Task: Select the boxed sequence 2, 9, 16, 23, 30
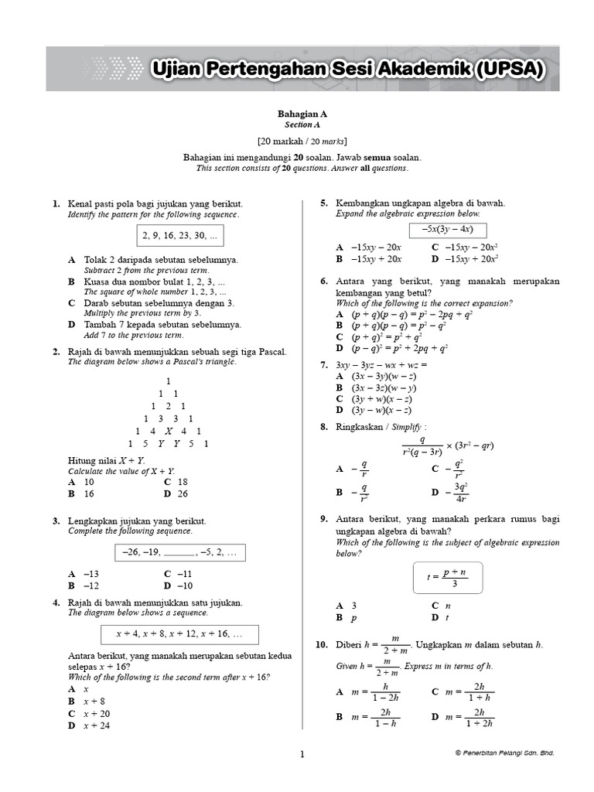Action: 179,235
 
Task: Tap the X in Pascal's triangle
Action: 168,431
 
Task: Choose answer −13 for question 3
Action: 84,574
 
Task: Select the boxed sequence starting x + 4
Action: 179,633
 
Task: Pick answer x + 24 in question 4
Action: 89,725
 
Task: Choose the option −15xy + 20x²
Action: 464,258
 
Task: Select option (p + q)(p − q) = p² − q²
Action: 402,326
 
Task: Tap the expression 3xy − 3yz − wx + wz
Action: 381,364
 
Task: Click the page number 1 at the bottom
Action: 302,753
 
